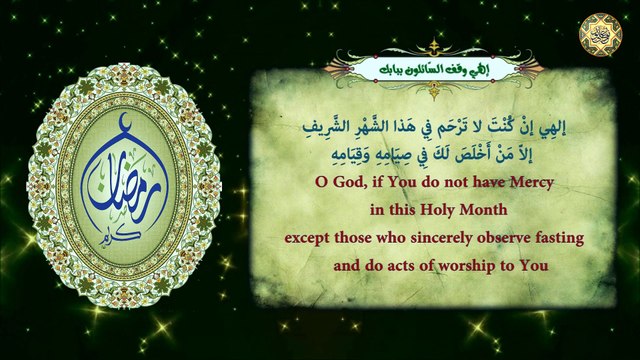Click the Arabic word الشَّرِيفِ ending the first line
point(320,127)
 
